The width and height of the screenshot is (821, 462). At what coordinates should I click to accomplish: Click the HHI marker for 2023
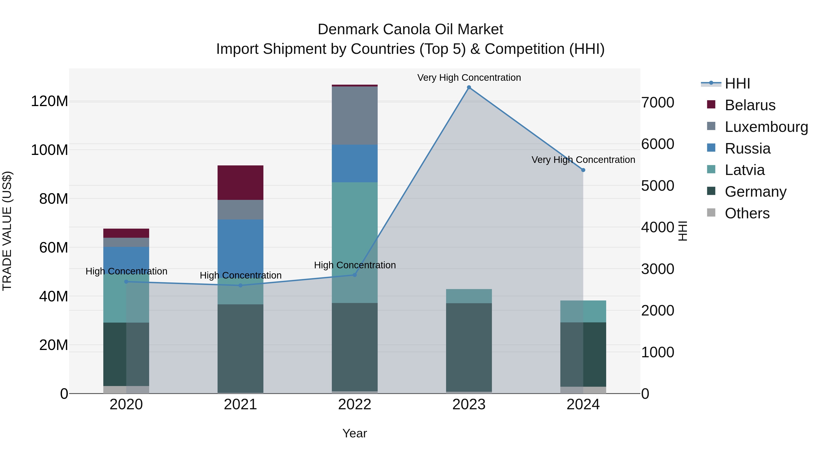tap(469, 87)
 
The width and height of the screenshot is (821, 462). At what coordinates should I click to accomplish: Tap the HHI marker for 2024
tap(583, 170)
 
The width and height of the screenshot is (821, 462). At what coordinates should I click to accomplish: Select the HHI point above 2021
tap(240, 285)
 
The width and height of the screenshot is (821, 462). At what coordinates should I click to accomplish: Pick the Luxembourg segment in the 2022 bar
tap(354, 115)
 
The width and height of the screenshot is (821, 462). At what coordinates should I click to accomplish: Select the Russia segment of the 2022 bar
tap(354, 163)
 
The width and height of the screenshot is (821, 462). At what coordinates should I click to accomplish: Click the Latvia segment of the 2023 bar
tap(469, 296)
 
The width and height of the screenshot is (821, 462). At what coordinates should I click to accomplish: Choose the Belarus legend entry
tap(750, 105)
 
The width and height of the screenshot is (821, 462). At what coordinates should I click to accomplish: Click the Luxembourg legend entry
tap(766, 127)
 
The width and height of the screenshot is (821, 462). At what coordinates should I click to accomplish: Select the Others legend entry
tap(747, 213)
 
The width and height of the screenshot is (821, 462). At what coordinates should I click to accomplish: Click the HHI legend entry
tap(737, 84)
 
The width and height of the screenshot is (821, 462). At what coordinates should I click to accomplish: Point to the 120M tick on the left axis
tap(49, 101)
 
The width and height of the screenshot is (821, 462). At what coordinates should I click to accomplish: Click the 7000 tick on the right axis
tap(657, 103)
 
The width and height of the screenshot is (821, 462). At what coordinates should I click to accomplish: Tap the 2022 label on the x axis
tap(354, 405)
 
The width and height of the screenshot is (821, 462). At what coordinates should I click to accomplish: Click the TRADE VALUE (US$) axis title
tap(7, 231)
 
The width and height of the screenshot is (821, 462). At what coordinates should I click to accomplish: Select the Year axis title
tap(354, 433)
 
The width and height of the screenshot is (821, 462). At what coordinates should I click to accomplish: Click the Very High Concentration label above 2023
tap(469, 78)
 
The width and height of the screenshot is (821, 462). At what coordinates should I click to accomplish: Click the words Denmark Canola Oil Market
tap(410, 29)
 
